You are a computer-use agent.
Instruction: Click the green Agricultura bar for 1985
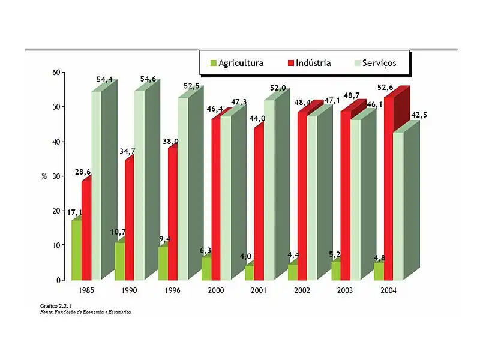coord(76,250)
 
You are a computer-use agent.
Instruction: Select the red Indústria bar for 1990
coord(129,219)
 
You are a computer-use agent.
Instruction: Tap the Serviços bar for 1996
coord(182,189)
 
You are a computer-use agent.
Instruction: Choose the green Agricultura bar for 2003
coord(336,271)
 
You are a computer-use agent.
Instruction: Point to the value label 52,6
coord(385,88)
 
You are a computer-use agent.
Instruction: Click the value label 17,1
coord(74,212)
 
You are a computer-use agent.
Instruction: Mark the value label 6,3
coord(206,250)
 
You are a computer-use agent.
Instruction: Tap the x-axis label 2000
coord(216,290)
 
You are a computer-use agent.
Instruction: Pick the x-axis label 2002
coord(302,290)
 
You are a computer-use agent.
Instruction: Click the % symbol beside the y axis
coord(44,176)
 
